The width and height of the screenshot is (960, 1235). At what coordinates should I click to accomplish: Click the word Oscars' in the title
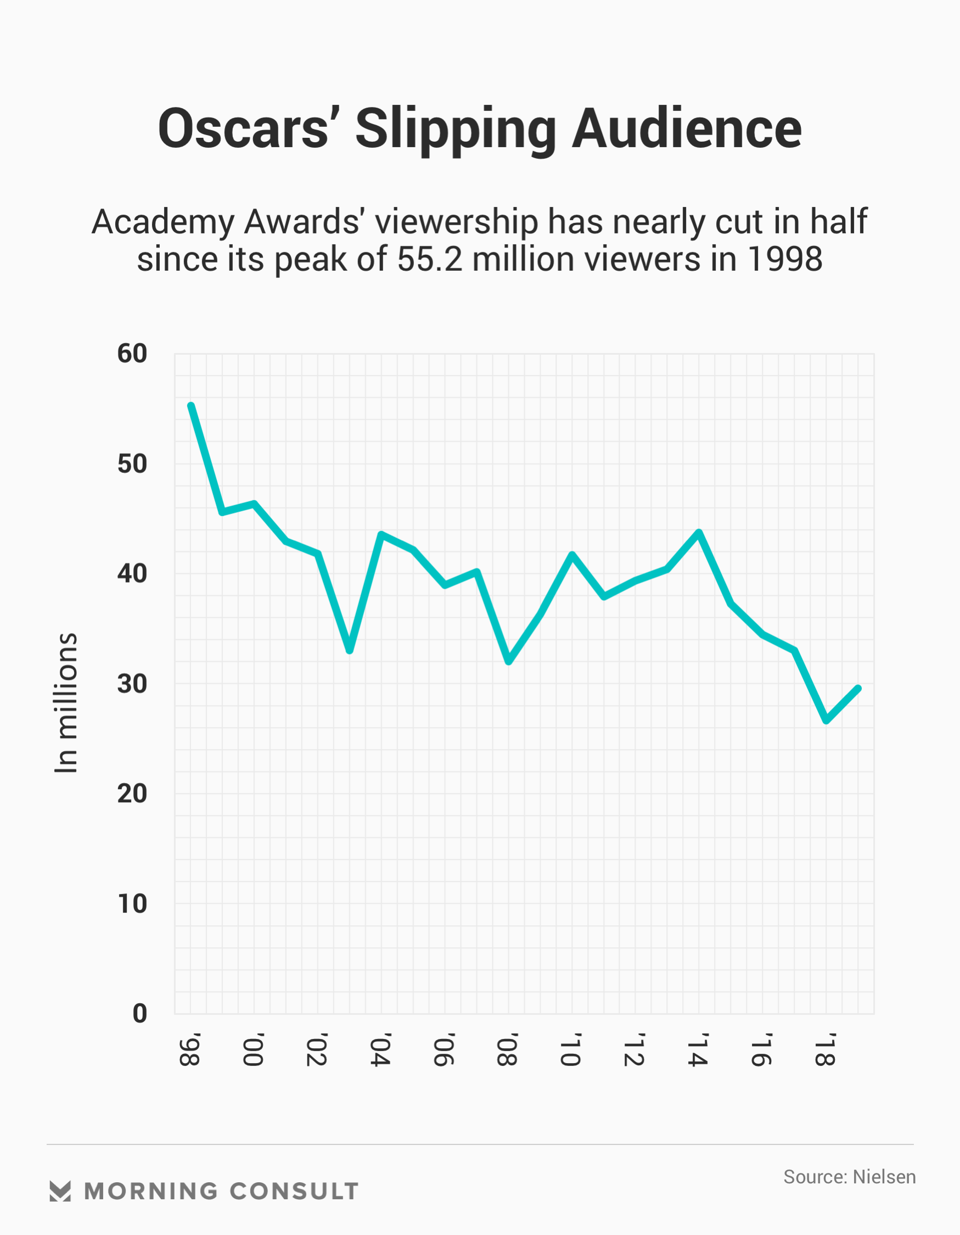coord(244,129)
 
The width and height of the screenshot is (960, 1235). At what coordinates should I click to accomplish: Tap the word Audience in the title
coord(686,129)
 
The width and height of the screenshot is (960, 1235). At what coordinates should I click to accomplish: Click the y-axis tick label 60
coord(132,354)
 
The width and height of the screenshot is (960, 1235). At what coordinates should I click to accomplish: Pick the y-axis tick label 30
coord(132,684)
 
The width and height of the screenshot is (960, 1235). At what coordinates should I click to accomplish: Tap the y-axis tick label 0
coord(139,1013)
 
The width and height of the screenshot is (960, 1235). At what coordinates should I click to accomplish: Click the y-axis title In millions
coord(66,702)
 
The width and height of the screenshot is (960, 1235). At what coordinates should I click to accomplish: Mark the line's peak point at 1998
coord(191,406)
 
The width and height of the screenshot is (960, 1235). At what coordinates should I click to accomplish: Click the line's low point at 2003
coord(350,650)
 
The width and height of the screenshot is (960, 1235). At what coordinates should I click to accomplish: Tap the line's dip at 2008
coord(509,661)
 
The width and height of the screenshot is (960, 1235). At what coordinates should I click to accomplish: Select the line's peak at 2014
coord(699,532)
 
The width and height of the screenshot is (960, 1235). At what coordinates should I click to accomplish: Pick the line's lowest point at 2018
coord(827,721)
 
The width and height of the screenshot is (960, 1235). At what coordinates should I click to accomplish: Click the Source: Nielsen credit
coord(849,1177)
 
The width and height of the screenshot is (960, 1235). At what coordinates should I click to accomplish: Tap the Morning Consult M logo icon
coord(60,1191)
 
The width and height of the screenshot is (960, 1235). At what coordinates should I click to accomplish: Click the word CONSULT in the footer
coord(294,1192)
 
